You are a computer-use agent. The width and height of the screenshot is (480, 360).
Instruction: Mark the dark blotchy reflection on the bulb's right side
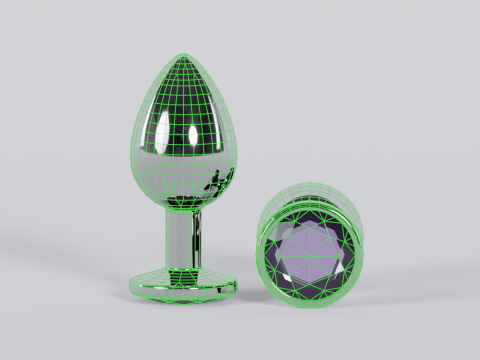214,183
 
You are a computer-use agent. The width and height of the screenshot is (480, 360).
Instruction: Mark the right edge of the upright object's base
239,285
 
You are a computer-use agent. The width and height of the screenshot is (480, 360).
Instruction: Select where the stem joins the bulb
187,208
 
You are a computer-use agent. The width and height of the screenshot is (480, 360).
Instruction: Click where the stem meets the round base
186,266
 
